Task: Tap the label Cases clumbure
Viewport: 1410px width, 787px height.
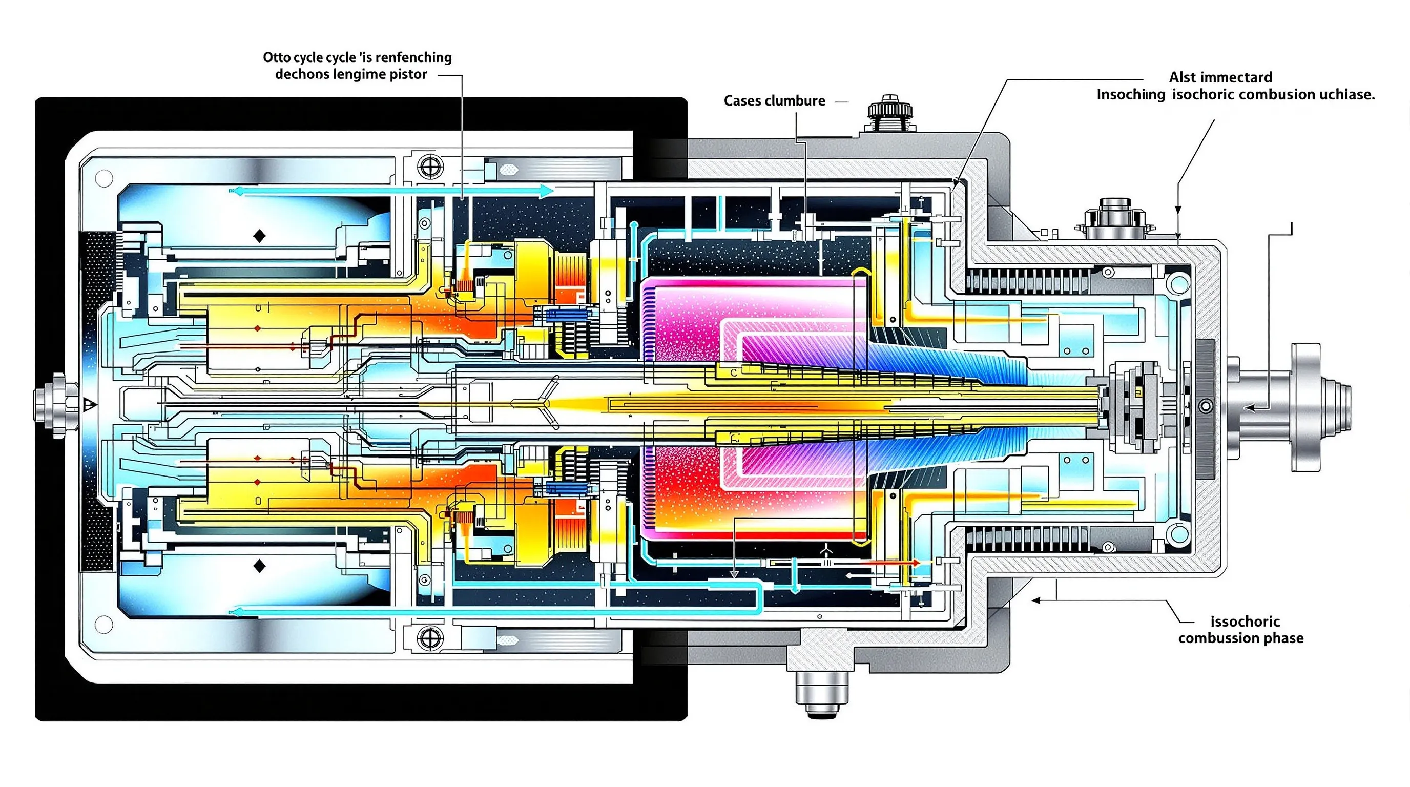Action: [x=774, y=101]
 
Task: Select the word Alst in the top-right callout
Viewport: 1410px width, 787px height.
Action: [x=1182, y=78]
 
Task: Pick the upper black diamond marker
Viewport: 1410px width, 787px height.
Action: [x=259, y=236]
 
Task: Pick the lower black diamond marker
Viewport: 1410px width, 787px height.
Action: [x=259, y=566]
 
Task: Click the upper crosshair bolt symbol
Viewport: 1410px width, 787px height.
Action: [x=430, y=167]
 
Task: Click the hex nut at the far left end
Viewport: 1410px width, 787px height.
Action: [x=50, y=405]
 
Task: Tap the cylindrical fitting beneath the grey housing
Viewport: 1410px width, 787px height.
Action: [x=822, y=693]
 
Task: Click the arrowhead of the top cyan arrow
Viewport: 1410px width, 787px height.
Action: [x=546, y=191]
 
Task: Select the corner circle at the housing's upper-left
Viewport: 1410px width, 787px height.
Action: [x=104, y=178]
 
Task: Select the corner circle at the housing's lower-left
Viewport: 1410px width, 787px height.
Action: [x=104, y=625]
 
